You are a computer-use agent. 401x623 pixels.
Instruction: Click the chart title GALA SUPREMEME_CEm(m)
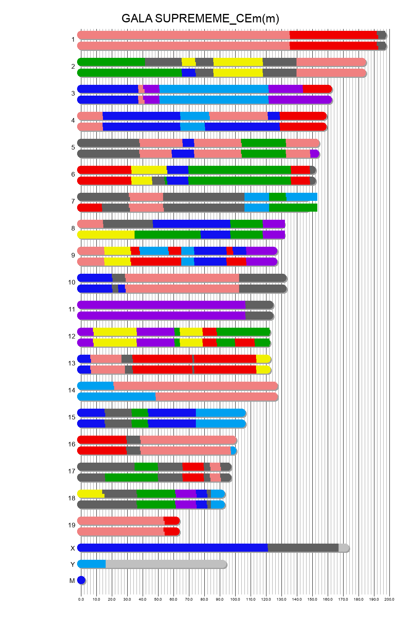tap(200, 19)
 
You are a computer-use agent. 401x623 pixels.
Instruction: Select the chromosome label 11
tap(72, 309)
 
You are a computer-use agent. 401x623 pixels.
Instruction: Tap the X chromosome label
tap(72, 548)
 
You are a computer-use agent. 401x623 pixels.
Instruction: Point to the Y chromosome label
tap(72, 564)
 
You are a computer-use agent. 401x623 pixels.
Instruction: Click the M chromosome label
tap(72, 581)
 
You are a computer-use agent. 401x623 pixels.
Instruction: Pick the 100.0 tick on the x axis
tap(235, 599)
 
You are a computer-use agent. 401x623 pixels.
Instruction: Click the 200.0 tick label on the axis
tap(389, 599)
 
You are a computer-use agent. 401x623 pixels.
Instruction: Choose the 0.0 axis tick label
tap(81, 599)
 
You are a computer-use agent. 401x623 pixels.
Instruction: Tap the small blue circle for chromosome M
tap(81, 580)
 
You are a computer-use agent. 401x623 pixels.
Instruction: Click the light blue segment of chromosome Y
tap(92, 564)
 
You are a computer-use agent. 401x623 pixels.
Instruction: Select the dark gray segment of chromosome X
tap(303, 547)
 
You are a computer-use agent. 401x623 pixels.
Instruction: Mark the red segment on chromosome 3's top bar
tap(317, 89)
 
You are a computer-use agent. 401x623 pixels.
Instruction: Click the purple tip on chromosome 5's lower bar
tap(314, 154)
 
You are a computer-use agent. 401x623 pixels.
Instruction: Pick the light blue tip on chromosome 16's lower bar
tap(233, 451)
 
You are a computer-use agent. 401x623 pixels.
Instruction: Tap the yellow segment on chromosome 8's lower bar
tap(106, 234)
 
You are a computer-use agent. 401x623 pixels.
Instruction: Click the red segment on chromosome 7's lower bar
tap(90, 207)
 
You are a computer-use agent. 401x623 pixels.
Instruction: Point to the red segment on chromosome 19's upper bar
tap(172, 521)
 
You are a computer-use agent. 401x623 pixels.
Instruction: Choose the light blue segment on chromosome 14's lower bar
tap(116, 397)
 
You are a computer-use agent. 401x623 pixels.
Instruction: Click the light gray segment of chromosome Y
tap(166, 564)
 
